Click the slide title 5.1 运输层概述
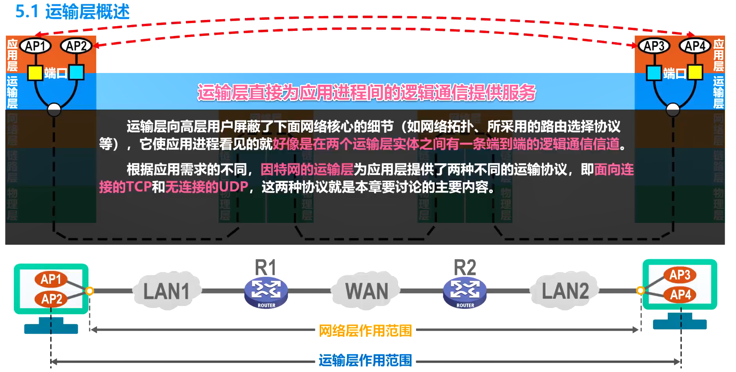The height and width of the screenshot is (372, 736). tap(72, 11)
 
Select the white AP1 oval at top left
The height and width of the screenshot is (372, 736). tap(36, 46)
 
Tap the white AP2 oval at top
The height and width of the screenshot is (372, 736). tap(76, 46)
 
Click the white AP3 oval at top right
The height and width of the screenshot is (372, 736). tap(654, 46)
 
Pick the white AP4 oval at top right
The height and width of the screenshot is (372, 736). tap(695, 46)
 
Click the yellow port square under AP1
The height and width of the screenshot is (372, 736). tap(35, 73)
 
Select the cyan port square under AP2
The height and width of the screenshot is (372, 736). tap(76, 73)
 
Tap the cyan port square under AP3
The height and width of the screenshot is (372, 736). tap(654, 73)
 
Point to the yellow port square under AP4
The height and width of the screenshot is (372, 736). tap(695, 72)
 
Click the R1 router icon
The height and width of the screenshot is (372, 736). tap(266, 292)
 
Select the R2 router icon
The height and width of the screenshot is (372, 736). tap(465, 292)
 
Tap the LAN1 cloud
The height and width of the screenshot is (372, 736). tap(167, 291)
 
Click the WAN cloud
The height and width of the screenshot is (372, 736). tap(366, 291)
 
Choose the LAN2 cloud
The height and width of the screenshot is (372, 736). tap(565, 291)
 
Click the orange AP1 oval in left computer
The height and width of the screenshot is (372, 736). tap(51, 279)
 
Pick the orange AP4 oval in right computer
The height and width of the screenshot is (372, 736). tap(680, 294)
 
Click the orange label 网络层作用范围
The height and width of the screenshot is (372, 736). tap(365, 331)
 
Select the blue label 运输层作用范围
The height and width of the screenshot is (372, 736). tap(365, 360)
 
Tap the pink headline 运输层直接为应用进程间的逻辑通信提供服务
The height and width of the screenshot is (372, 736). tap(366, 93)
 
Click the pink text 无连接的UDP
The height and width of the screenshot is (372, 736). tap(207, 187)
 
